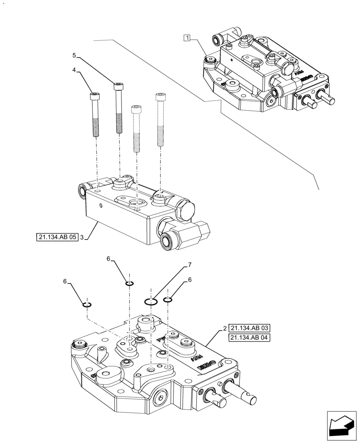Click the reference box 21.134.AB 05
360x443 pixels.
58,237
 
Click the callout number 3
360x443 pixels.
82,237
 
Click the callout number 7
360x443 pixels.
189,265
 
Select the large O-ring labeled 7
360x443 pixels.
151,302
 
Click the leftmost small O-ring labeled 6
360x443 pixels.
87,304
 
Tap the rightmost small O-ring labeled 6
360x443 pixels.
168,300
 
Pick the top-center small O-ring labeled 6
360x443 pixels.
129,284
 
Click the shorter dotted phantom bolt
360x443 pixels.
136,128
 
